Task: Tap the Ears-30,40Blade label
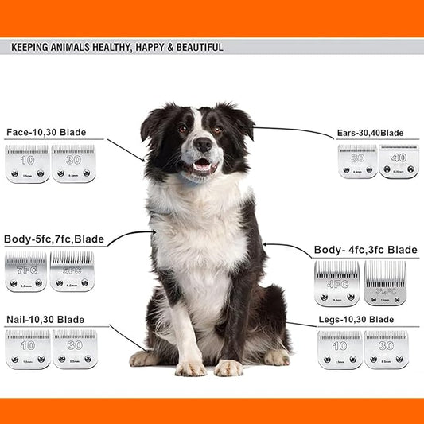pos(370,133)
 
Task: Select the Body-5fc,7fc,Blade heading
pos(54,239)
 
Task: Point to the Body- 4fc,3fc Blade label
pos(365,250)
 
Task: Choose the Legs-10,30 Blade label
pos(356,319)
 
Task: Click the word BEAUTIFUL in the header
pos(196,48)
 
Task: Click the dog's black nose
pos(204,145)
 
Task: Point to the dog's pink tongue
pos(202,167)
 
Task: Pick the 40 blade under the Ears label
pos(398,161)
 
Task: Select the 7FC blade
pos(25,271)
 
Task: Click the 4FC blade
pos(336,284)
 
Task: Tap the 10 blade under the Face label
pos(27,163)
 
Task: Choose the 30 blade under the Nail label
pos(74,350)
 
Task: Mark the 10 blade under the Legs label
pos(340,350)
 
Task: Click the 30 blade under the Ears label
pos(357,161)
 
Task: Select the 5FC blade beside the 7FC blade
pos(72,271)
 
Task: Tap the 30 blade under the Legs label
pos(386,350)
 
